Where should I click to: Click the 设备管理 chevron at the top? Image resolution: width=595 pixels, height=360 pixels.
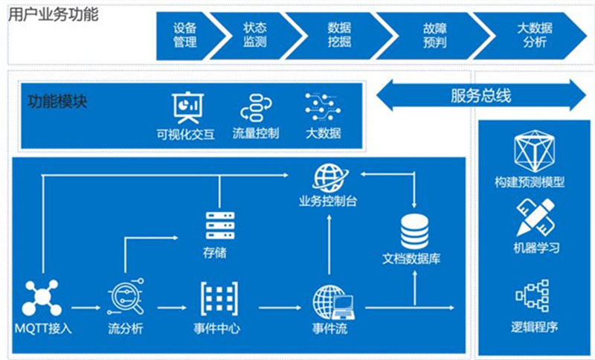186,35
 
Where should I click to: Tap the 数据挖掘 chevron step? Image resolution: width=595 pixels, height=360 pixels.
339,35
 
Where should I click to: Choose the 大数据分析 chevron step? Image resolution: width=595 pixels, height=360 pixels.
533,35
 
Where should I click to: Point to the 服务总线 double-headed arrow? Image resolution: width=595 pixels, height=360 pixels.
481,95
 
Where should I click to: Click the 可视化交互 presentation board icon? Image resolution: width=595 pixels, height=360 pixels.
186,107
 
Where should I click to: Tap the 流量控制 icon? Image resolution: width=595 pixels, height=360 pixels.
255,107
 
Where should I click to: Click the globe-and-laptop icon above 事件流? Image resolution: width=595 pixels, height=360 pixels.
332,300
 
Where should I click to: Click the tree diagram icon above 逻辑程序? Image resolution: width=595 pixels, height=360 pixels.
533,295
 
